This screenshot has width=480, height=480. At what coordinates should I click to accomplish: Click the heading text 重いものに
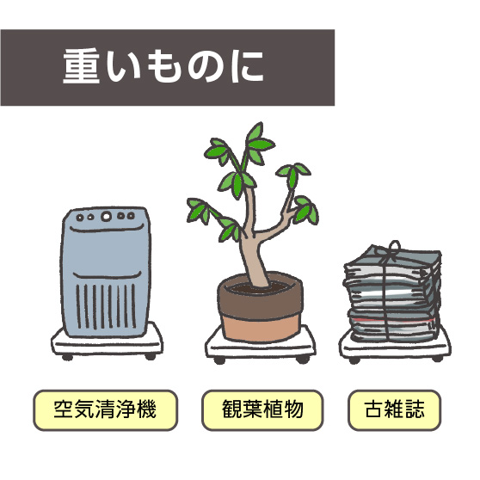click(163, 66)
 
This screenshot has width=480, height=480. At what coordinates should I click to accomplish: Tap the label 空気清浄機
click(105, 409)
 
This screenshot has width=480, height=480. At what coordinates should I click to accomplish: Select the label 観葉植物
click(262, 409)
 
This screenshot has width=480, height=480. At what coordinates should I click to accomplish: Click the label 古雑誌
click(394, 409)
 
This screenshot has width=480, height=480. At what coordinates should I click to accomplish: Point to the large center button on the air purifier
click(106, 217)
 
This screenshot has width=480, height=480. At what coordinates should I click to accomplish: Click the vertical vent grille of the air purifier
click(106, 306)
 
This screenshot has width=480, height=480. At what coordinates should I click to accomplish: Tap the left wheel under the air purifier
click(67, 357)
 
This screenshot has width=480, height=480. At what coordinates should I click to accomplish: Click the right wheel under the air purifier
click(150, 356)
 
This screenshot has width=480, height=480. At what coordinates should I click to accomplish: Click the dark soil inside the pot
click(260, 287)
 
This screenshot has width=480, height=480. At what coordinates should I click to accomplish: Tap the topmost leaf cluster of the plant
click(259, 141)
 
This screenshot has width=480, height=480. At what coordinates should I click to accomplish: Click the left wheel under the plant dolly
click(219, 360)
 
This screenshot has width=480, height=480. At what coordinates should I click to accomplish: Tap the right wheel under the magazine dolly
click(438, 359)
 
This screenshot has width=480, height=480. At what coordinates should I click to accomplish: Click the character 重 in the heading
click(81, 66)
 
